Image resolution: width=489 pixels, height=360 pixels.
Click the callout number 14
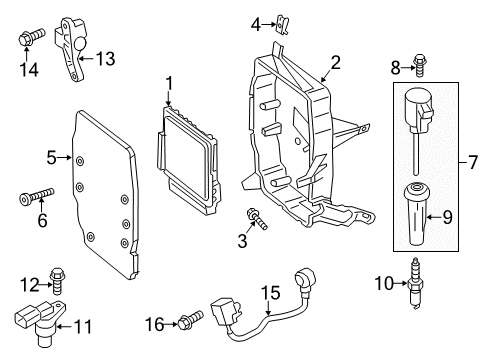point(29,70)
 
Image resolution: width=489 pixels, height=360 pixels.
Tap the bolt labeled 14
point(31,37)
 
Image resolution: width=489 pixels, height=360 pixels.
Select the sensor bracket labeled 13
point(71,49)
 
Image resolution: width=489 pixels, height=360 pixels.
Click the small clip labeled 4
point(282,24)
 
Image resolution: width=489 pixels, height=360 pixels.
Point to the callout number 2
point(335,63)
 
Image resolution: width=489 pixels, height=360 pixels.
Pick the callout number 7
point(473,162)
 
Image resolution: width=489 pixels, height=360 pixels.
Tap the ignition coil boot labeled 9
point(415,214)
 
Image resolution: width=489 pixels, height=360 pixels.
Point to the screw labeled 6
point(37,196)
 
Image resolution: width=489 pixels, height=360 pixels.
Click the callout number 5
point(51,158)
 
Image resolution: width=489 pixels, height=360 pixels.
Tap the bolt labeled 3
point(257,218)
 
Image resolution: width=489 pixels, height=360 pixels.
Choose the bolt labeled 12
point(57,282)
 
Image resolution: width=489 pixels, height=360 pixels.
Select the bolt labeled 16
point(191,319)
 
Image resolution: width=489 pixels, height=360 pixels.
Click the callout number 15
point(270,293)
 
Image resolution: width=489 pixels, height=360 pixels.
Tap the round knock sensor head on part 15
point(304,279)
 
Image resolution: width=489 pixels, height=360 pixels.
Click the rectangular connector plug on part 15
point(225,312)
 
